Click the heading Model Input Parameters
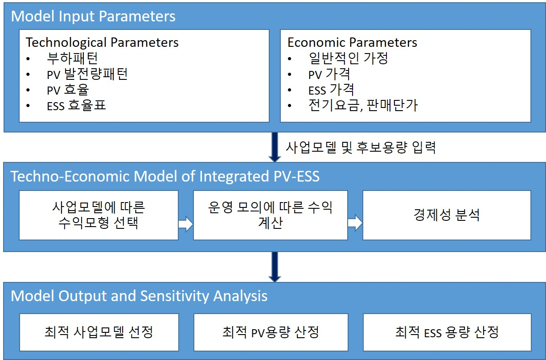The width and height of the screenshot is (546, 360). coord(93,17)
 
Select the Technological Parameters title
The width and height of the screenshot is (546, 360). coord(102,42)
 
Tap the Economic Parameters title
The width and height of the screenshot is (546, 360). coord(352,42)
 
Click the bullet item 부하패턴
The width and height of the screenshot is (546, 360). coord(72,58)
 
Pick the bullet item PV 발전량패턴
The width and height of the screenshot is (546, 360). coord(87,74)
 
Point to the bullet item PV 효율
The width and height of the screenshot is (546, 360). coord(68,90)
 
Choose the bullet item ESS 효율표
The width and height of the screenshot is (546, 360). coord(76,105)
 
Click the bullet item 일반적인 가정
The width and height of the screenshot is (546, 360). coord(348,58)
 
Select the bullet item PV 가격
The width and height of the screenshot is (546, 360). coord(329,74)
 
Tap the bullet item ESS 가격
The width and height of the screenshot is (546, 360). coord(331,90)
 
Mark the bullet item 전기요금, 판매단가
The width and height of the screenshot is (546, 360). coord(363,105)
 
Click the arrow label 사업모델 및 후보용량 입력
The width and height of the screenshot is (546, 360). coord(361,148)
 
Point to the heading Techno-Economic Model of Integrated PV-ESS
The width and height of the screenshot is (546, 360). coord(165,176)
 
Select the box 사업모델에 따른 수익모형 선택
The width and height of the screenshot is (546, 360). coord(99,215)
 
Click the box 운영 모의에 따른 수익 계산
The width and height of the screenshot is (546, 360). coord(270,215)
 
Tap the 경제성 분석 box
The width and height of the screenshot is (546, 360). coord(447,215)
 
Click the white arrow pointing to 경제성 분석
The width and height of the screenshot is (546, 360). coord(355,223)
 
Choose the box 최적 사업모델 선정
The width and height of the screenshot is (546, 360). coord(99,332)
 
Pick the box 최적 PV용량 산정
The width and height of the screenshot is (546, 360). coord(271,332)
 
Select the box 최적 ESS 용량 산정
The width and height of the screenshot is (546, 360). coord(447,332)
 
